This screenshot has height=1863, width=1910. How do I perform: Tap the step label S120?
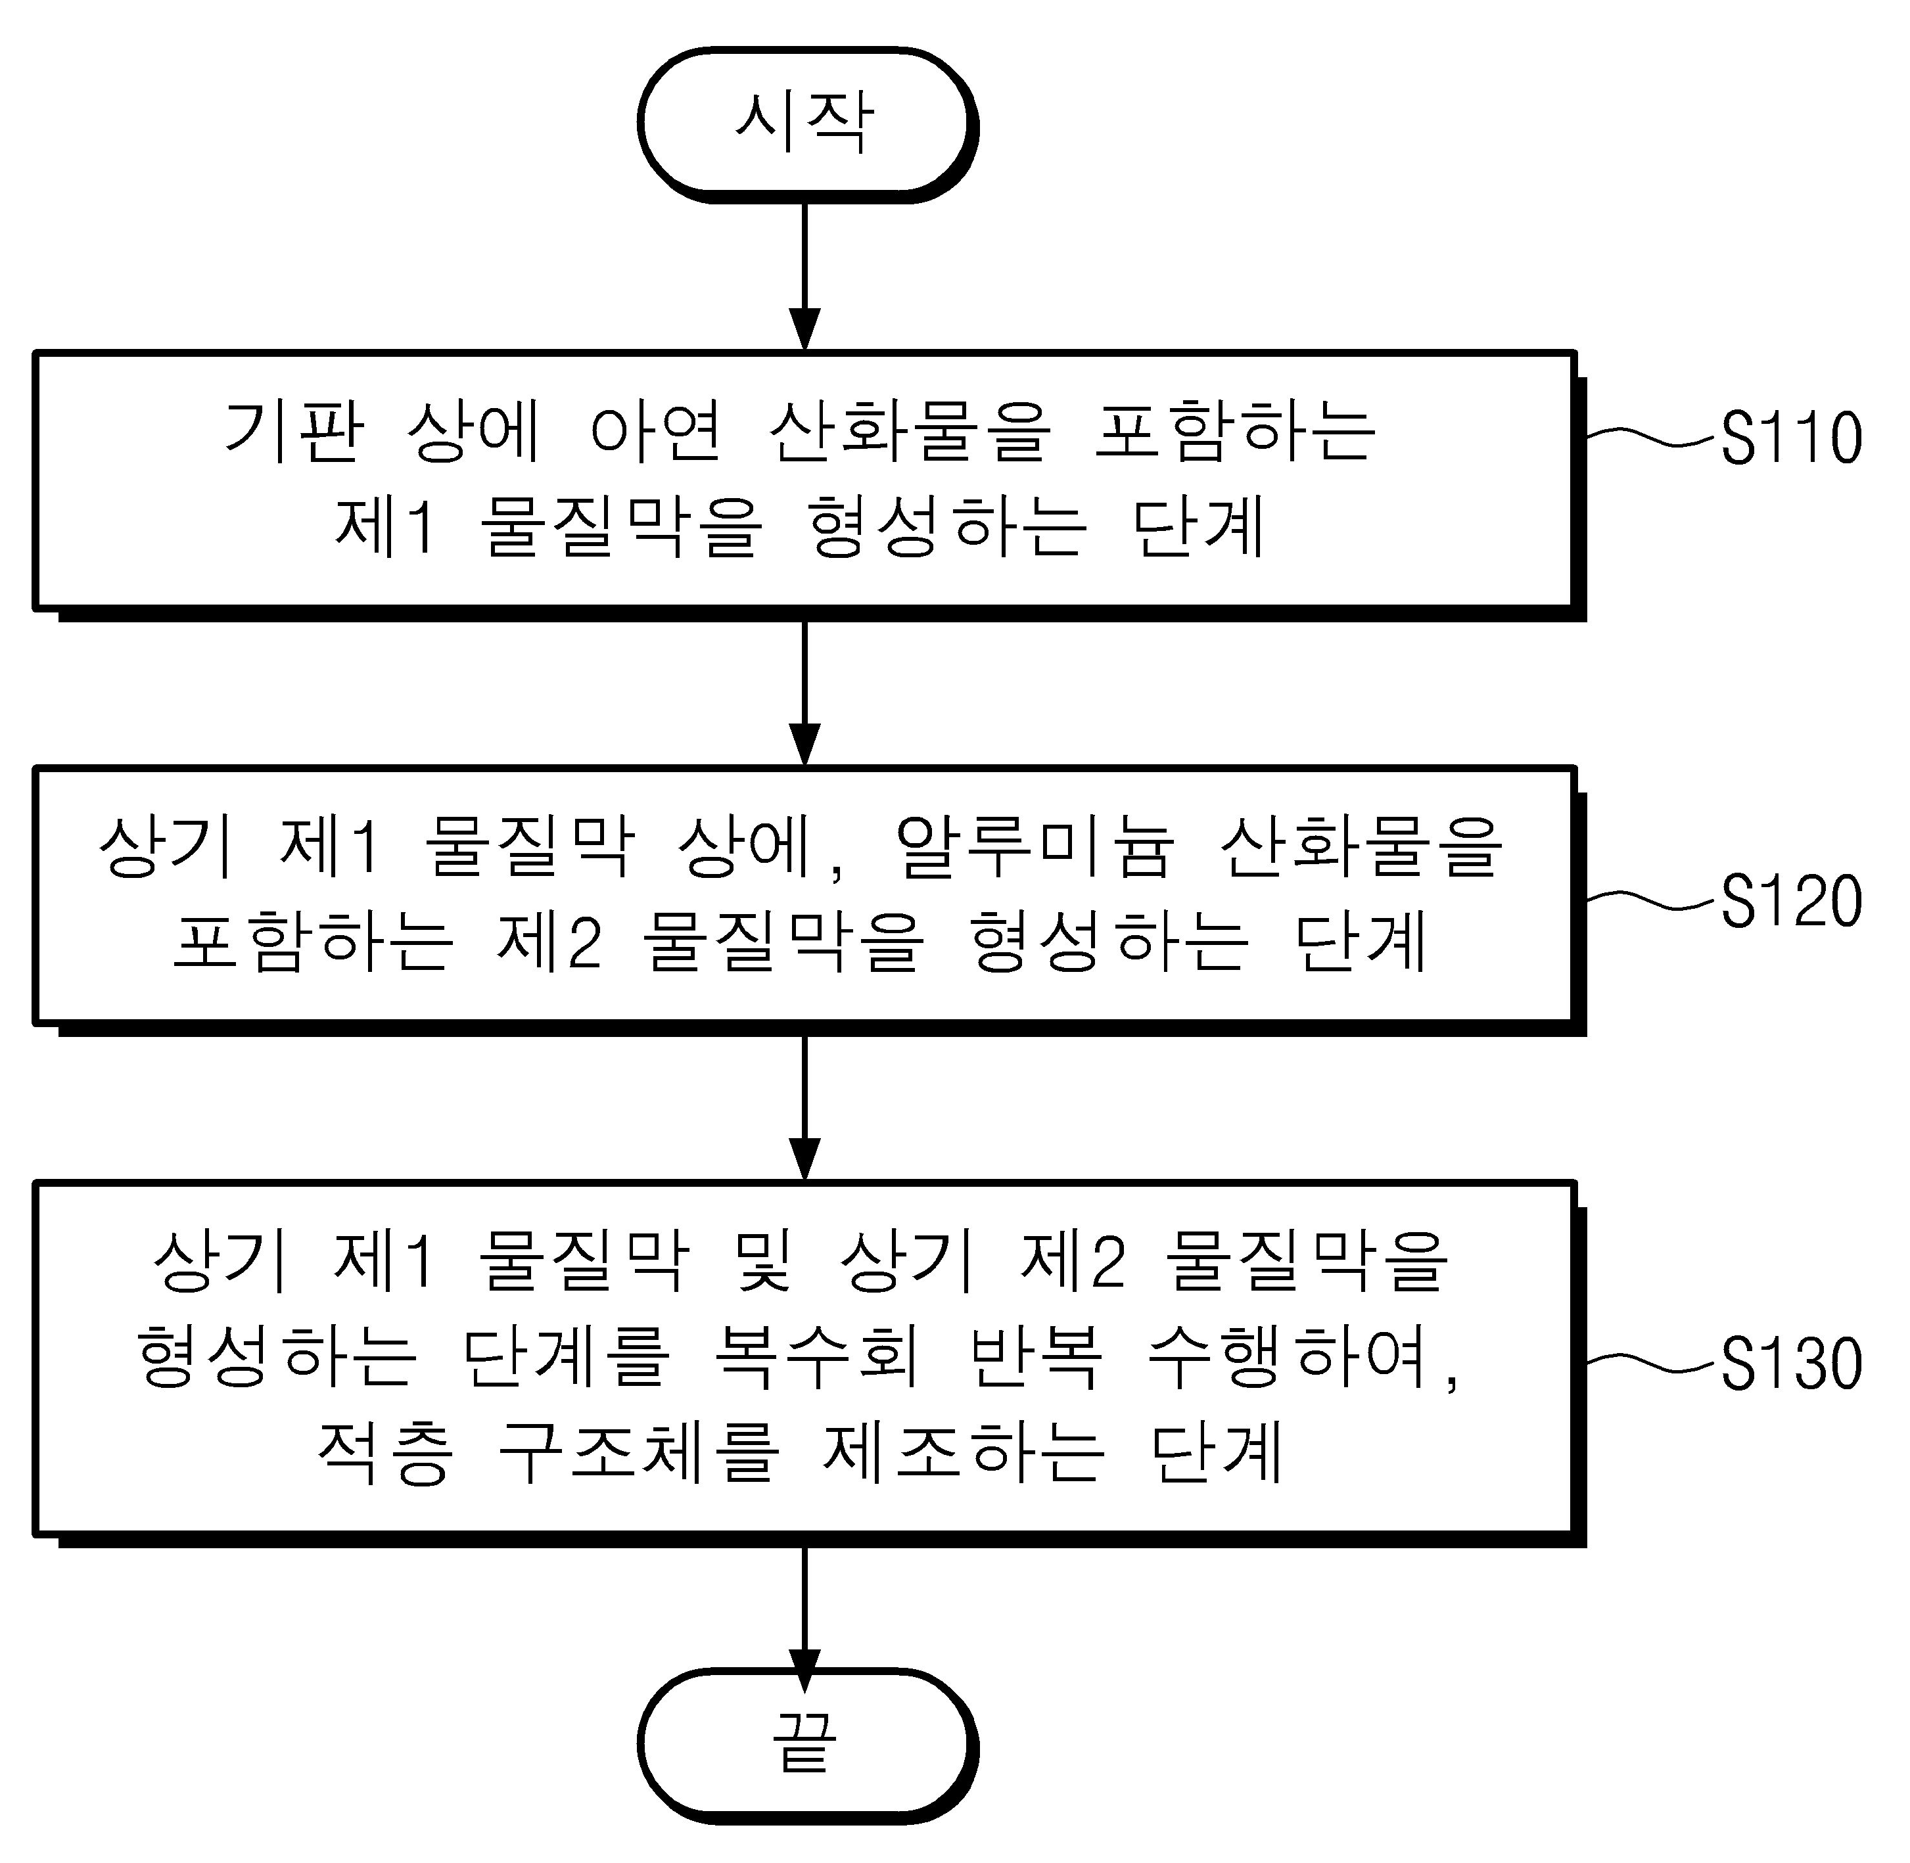[1790, 900]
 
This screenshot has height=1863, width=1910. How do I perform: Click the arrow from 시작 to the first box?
[804, 277]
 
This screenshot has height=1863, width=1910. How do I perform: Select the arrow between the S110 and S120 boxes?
[804, 693]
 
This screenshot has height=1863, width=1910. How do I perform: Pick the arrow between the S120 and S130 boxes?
[804, 1108]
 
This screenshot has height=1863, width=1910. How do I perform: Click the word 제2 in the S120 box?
[549, 940]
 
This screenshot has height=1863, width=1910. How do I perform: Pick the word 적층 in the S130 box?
[384, 1452]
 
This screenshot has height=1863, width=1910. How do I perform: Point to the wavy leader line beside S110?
[1652, 436]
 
